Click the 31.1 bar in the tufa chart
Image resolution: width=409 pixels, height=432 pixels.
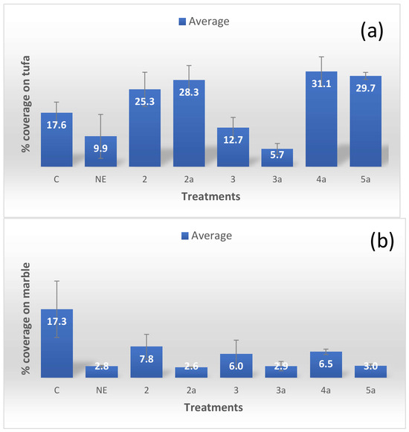pyautogui.click(x=321, y=119)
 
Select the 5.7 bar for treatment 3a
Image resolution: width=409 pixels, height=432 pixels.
pyautogui.click(x=277, y=158)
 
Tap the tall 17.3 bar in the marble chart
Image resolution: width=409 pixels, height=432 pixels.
pyautogui.click(x=57, y=343)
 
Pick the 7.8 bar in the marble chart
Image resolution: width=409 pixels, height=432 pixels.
pyautogui.click(x=146, y=362)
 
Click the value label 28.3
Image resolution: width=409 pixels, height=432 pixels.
pyautogui.click(x=189, y=92)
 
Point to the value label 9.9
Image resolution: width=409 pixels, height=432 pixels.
pyautogui.click(x=100, y=148)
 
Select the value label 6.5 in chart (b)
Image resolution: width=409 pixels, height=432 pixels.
pyautogui.click(x=326, y=364)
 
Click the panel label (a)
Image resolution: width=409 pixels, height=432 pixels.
pyautogui.click(x=372, y=30)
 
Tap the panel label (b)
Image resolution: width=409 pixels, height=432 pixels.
pyautogui.click(x=382, y=241)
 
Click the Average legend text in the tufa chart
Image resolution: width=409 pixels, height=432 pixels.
pyautogui.click(x=209, y=22)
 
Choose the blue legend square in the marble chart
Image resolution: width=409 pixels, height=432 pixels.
pyautogui.click(x=185, y=236)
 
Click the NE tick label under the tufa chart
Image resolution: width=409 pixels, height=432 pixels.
pyautogui.click(x=100, y=179)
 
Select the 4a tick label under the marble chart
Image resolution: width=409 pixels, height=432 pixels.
pyautogui.click(x=326, y=390)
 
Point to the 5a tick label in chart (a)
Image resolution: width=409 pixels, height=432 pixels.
pyautogui.click(x=365, y=179)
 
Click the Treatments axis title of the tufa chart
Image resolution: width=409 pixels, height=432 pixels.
pyautogui.click(x=211, y=196)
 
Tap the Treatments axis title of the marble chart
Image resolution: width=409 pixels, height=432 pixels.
pyautogui.click(x=213, y=407)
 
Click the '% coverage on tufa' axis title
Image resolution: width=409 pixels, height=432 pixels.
pyautogui.click(x=26, y=104)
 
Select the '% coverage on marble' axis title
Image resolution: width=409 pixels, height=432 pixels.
pyautogui.click(x=26, y=318)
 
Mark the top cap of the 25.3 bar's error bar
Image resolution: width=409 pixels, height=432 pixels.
pyautogui.click(x=145, y=72)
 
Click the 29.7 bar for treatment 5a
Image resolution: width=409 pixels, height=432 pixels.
pyautogui.click(x=365, y=121)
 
